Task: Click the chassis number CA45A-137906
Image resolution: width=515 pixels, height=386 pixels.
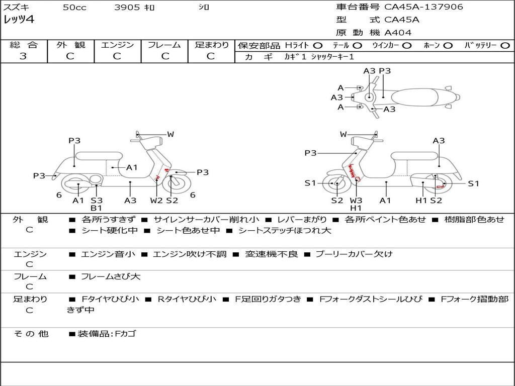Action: point(423,7)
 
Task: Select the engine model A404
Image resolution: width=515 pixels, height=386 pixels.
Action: point(398,33)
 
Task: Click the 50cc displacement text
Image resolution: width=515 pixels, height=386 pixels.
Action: point(74,8)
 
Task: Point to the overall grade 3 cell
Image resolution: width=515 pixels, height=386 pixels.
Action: point(23,56)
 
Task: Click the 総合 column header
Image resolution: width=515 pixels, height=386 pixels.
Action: point(23,45)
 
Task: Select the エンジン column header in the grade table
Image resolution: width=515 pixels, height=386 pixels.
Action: point(117,45)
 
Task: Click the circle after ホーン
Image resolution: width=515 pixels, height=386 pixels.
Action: point(448,45)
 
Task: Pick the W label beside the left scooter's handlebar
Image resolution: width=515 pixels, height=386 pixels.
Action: point(170,134)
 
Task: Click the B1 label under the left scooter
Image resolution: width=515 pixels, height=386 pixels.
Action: point(96,208)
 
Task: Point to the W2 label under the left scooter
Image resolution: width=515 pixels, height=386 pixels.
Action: point(156,201)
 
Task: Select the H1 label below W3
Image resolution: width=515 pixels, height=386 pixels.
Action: point(356,208)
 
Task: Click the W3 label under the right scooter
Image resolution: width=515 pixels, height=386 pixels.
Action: point(356,201)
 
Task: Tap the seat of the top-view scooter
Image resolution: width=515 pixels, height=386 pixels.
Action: point(417,97)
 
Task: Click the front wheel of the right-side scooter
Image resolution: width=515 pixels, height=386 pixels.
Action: point(336,184)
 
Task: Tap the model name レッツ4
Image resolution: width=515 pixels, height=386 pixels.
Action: point(19,20)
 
